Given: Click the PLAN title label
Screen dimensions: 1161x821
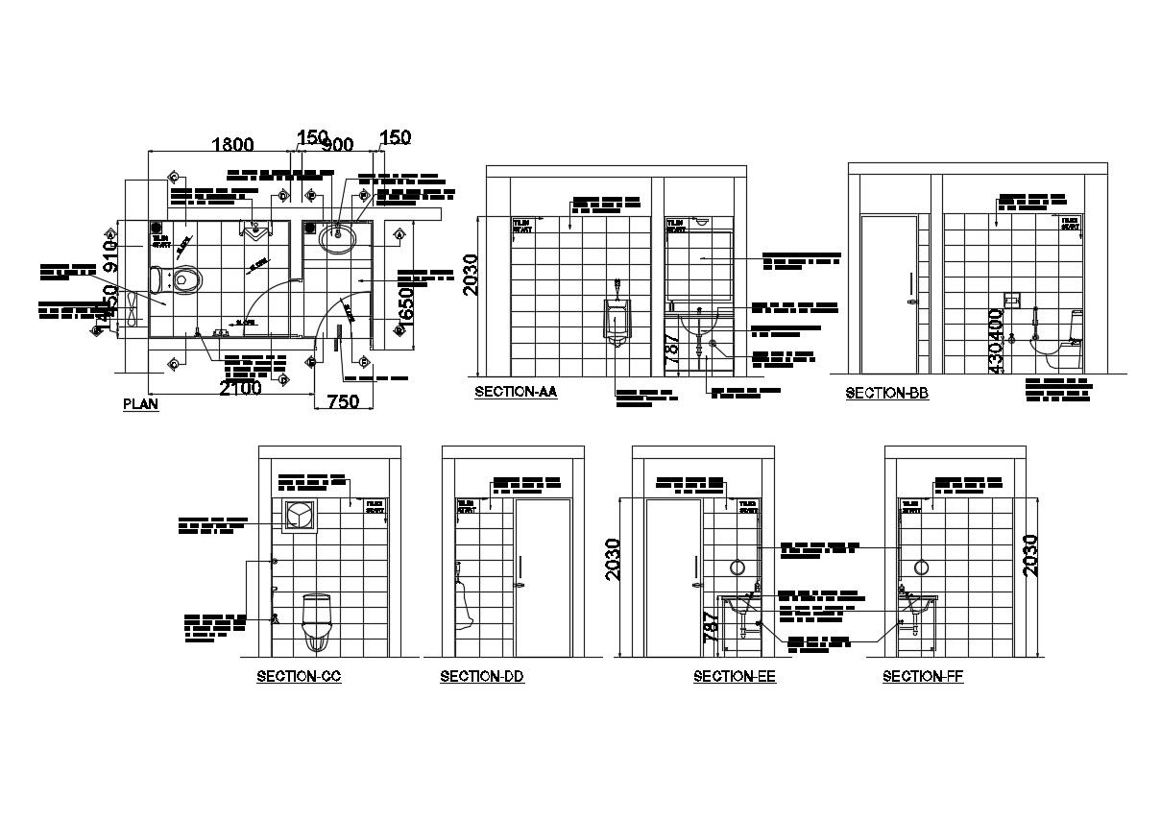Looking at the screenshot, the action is tap(140, 404).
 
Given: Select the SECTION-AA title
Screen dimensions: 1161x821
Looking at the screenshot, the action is tap(516, 392).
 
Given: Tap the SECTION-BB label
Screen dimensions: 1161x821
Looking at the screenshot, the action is tap(886, 393).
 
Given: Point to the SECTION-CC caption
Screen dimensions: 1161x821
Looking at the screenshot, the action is tap(299, 676).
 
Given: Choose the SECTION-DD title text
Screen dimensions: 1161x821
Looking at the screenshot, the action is tap(482, 676).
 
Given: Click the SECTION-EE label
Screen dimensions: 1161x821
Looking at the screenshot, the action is tap(735, 676).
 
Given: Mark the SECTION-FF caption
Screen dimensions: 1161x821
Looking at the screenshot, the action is tap(923, 676).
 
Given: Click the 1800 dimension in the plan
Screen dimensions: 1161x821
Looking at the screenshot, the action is tap(232, 145).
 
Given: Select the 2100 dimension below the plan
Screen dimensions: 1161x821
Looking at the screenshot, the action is tap(240, 388).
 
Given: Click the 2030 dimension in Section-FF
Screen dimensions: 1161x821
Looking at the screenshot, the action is tap(1030, 554).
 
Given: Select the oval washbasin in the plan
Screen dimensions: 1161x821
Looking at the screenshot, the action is tap(337, 236).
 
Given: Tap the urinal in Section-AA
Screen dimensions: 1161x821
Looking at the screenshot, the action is tap(617, 320).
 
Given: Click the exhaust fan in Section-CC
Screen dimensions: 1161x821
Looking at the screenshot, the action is tap(300, 516).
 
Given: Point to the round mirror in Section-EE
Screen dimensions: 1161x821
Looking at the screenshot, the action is tap(739, 567).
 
